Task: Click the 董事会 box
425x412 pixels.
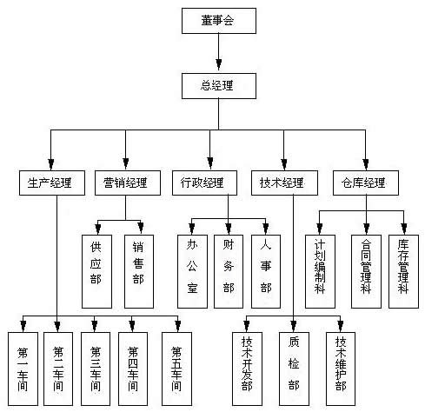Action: point(219,21)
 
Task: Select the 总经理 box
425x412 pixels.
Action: point(219,86)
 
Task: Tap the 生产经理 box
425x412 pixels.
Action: point(52,183)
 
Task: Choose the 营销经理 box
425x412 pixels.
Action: point(128,183)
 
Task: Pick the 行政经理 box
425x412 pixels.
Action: point(204,183)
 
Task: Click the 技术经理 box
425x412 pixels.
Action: point(284,183)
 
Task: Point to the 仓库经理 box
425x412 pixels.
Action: point(366,183)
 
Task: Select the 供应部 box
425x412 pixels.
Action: point(96,271)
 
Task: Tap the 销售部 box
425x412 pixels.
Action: point(139,271)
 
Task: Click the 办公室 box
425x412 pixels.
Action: point(192,271)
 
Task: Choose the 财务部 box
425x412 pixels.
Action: point(229,271)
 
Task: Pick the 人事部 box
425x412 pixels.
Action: point(266,271)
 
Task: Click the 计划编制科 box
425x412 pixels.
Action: point(320,271)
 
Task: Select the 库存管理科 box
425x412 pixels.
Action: point(403,271)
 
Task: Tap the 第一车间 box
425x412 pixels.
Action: point(23,369)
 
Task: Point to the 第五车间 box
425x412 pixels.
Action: point(176,369)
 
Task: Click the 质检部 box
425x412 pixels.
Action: point(294,369)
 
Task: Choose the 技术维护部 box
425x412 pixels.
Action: point(341,369)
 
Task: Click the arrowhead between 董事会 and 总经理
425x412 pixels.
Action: point(219,64)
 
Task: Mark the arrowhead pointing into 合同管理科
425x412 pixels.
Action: point(367,229)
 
